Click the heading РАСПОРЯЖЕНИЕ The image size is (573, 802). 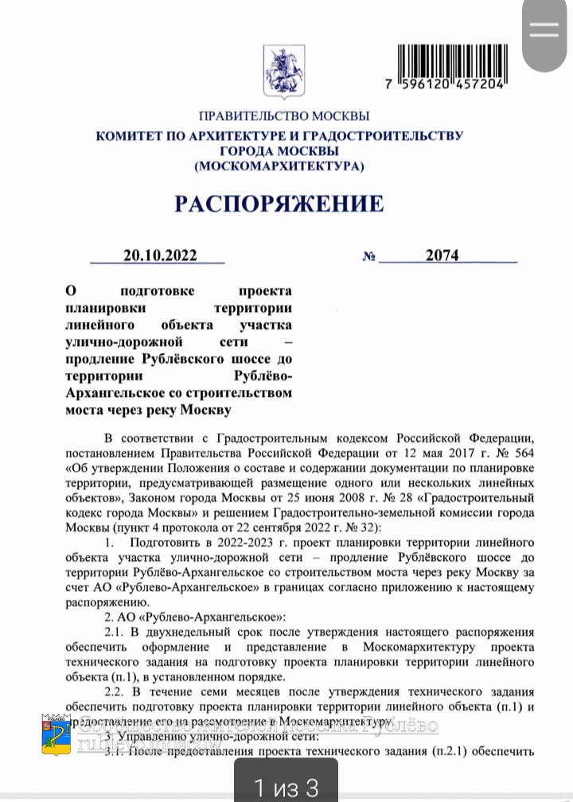click(279, 204)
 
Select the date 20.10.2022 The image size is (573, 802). click(159, 255)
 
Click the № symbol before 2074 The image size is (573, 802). click(368, 256)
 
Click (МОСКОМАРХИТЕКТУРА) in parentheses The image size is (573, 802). click(279, 166)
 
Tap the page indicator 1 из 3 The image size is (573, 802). click(286, 788)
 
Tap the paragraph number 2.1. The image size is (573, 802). click(117, 633)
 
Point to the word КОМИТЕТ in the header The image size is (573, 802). click(128, 136)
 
